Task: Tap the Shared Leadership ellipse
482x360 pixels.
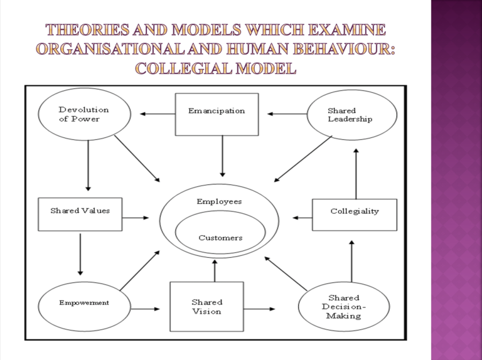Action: [x=352, y=115]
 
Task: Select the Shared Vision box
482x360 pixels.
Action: [x=206, y=307]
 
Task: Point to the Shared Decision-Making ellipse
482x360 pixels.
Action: [x=344, y=307]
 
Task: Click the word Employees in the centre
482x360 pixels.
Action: [x=219, y=201]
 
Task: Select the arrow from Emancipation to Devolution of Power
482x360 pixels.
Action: [x=157, y=114]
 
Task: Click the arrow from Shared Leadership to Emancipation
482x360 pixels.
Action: [x=286, y=114]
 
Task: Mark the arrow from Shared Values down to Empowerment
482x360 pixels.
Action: [x=80, y=253]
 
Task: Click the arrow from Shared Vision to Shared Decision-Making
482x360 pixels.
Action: [x=259, y=309]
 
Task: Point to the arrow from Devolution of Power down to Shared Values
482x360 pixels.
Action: [x=88, y=165]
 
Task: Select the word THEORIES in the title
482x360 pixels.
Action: [x=85, y=29]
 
